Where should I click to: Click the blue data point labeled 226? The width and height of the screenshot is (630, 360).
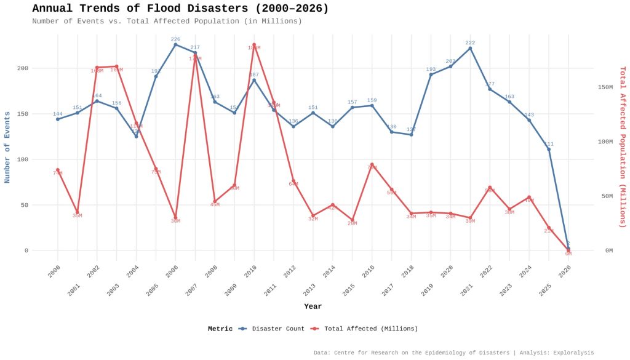pos(175,44)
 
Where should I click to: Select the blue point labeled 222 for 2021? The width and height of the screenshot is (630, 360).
pos(470,48)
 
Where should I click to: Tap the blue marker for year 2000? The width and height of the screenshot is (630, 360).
pos(58,119)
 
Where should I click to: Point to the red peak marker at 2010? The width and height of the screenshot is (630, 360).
pos(254,44)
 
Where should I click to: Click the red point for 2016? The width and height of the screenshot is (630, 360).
pos(372,164)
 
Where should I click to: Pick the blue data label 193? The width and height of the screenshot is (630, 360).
pos(431,70)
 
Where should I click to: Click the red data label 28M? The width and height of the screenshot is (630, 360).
pos(352,223)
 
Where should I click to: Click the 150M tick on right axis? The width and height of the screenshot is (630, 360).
pos(605,87)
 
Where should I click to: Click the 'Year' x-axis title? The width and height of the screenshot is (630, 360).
pos(313,306)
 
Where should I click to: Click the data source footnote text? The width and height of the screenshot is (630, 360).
pos(453,353)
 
